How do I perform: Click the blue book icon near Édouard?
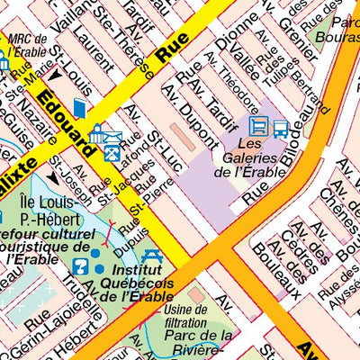[79, 109]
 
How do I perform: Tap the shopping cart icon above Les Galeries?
[258, 127]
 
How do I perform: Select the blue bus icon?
[281, 128]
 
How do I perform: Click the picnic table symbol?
[151, 258]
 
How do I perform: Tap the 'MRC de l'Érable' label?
[26, 47]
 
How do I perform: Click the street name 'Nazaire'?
[35, 117]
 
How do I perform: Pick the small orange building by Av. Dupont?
[181, 139]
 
